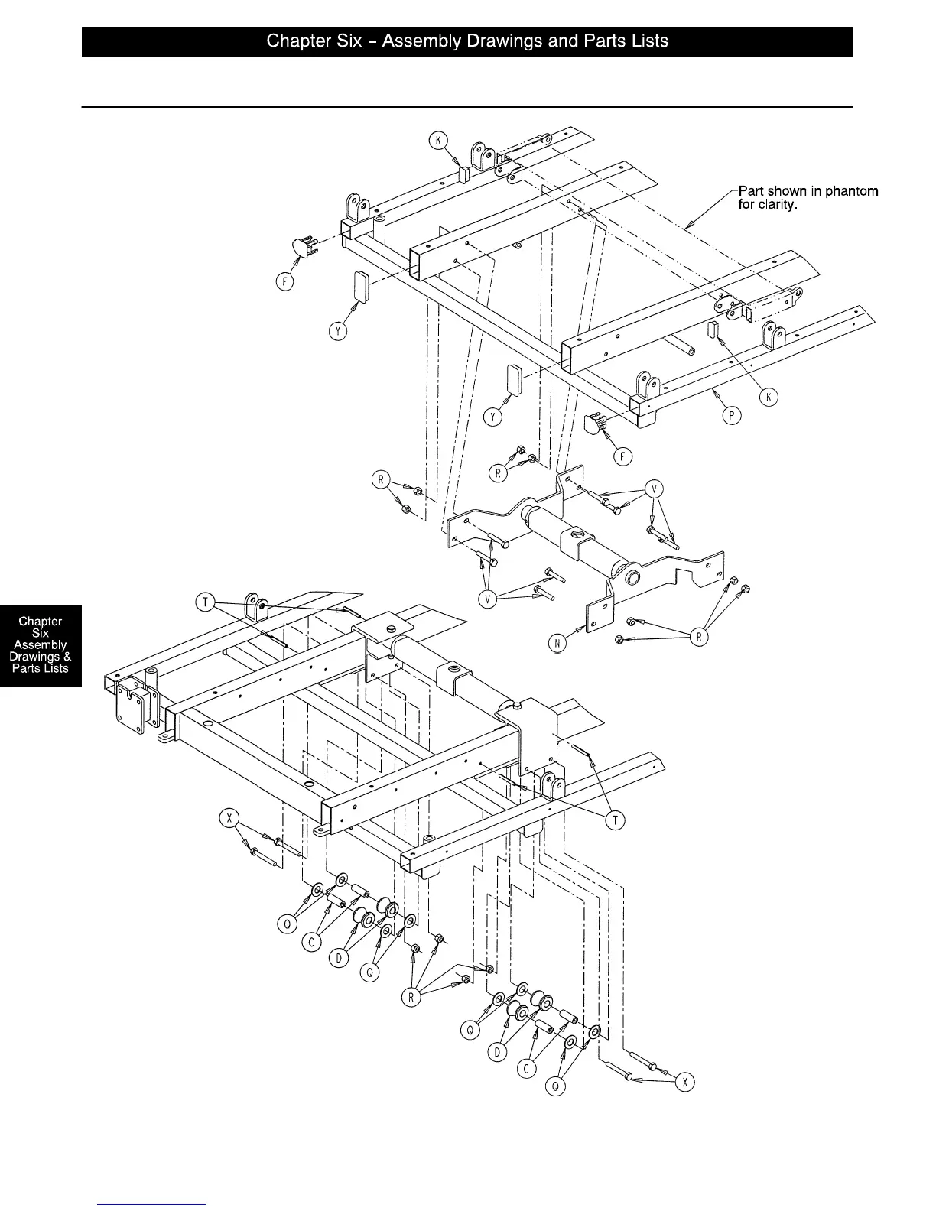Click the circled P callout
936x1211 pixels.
click(x=732, y=417)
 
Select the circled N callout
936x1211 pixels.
click(x=558, y=644)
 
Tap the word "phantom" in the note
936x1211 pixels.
click(x=848, y=191)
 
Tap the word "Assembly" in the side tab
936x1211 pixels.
click(x=41, y=644)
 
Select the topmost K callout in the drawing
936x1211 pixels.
click(x=438, y=140)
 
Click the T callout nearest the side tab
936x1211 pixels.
click(x=205, y=603)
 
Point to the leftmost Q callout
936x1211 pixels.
click(x=288, y=924)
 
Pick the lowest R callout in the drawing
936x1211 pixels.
click(x=411, y=998)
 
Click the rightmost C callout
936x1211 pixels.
click(x=527, y=1069)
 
